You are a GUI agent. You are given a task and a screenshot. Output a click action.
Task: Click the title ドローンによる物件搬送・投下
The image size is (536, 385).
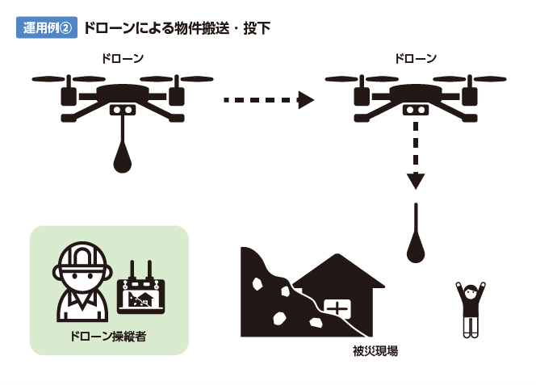pyautogui.click(x=177, y=28)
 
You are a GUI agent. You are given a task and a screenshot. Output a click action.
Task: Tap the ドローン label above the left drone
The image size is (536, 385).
pyautogui.click(x=123, y=59)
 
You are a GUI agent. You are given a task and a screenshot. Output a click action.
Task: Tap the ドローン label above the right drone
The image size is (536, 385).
pyautogui.click(x=416, y=59)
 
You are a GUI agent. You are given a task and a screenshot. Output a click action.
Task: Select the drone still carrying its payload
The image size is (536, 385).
pyautogui.click(x=122, y=95)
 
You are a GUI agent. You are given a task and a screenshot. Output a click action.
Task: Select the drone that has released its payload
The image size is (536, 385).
pyautogui.click(x=416, y=95)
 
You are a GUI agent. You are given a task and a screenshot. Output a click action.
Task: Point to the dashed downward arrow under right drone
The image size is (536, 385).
pyautogui.click(x=415, y=157)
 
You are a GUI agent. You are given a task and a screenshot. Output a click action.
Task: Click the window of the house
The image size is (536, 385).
pyautogui.click(x=337, y=308)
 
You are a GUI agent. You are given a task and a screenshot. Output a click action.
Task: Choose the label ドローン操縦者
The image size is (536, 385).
pyautogui.click(x=108, y=336)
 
